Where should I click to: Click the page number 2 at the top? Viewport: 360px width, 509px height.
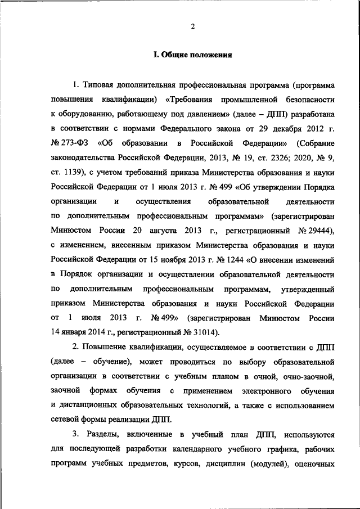(x=192, y=26)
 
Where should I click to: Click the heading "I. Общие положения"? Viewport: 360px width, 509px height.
(x=192, y=55)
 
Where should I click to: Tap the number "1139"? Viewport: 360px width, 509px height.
(x=73, y=172)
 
